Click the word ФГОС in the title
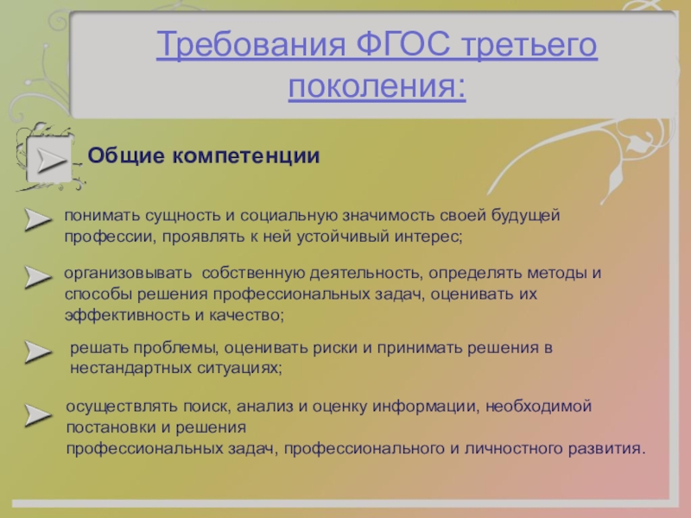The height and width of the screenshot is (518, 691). click(403, 44)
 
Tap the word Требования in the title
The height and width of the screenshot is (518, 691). click(250, 44)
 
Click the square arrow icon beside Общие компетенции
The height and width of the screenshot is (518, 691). click(50, 160)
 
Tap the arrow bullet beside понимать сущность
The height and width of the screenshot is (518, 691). click(38, 219)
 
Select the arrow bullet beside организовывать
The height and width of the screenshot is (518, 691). click(38, 277)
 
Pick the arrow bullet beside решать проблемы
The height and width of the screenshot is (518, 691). click(38, 351)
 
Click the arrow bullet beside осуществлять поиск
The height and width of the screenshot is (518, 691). click(38, 415)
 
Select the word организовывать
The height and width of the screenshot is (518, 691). click(128, 274)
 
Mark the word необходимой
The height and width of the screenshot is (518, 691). click(538, 406)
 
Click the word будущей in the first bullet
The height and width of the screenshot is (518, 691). click(525, 216)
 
